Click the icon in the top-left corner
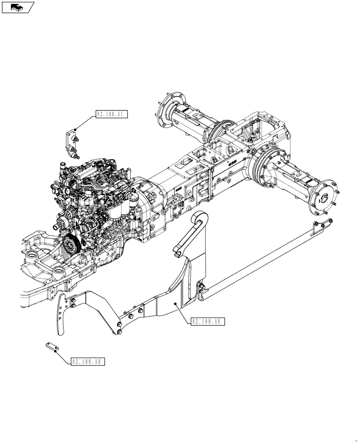click(x=18, y=7)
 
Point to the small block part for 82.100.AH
click(x=52, y=347)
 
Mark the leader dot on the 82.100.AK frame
click(x=176, y=303)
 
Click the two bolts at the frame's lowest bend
click(x=120, y=328)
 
